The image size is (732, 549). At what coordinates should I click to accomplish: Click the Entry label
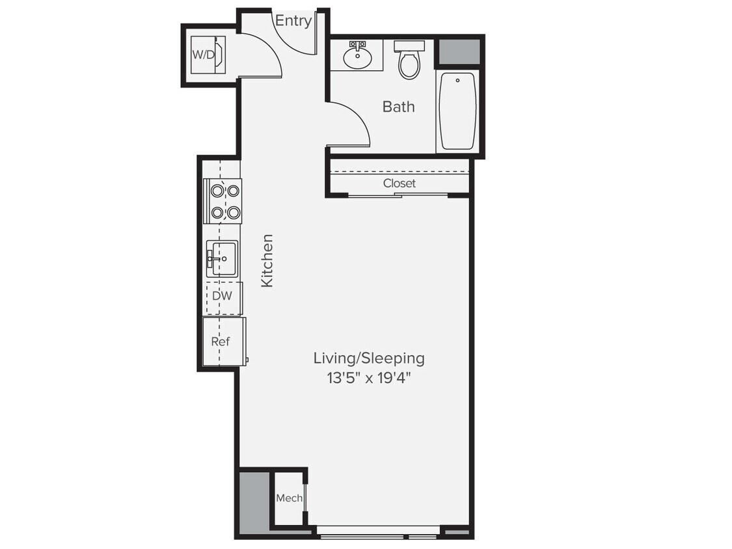(x=293, y=21)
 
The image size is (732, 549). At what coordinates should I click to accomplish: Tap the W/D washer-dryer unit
(x=208, y=55)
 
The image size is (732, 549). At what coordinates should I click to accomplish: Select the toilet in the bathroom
(x=409, y=60)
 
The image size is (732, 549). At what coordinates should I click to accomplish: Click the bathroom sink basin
(x=357, y=58)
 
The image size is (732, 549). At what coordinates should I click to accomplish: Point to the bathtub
(x=457, y=111)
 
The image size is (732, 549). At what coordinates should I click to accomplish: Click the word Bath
(x=398, y=107)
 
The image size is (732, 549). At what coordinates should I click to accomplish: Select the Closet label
(x=399, y=183)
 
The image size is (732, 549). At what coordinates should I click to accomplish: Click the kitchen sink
(x=221, y=258)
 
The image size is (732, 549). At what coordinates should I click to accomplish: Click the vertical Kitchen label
(x=267, y=260)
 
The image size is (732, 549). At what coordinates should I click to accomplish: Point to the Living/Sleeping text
(x=369, y=358)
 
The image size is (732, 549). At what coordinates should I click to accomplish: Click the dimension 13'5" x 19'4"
(x=369, y=379)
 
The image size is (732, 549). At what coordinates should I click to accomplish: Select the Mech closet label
(x=289, y=498)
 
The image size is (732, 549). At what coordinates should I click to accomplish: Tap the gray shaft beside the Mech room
(x=254, y=501)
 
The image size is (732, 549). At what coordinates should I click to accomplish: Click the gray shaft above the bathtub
(x=458, y=51)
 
